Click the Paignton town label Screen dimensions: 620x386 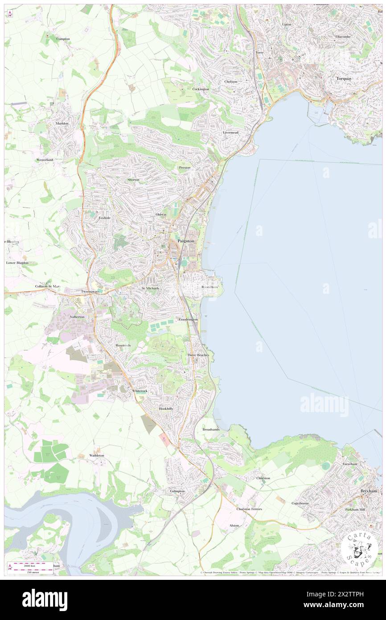pos(186,241)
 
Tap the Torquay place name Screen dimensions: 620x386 pos(344,79)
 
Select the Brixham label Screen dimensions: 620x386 pos(368,491)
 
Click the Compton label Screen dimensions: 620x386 pos(63,39)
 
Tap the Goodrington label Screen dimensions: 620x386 pos(188,320)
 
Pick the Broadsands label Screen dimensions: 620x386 pos(211,430)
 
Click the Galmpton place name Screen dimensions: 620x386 pos(177,491)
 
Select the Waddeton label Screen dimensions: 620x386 pos(96,455)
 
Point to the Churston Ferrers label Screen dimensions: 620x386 pos(249,509)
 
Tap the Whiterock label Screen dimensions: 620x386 pos(140,391)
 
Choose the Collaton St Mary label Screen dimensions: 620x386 pos(48,286)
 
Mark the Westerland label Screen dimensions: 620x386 pos(45,160)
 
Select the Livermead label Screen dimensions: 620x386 pos(231,132)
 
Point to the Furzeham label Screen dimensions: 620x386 pos(350,464)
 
